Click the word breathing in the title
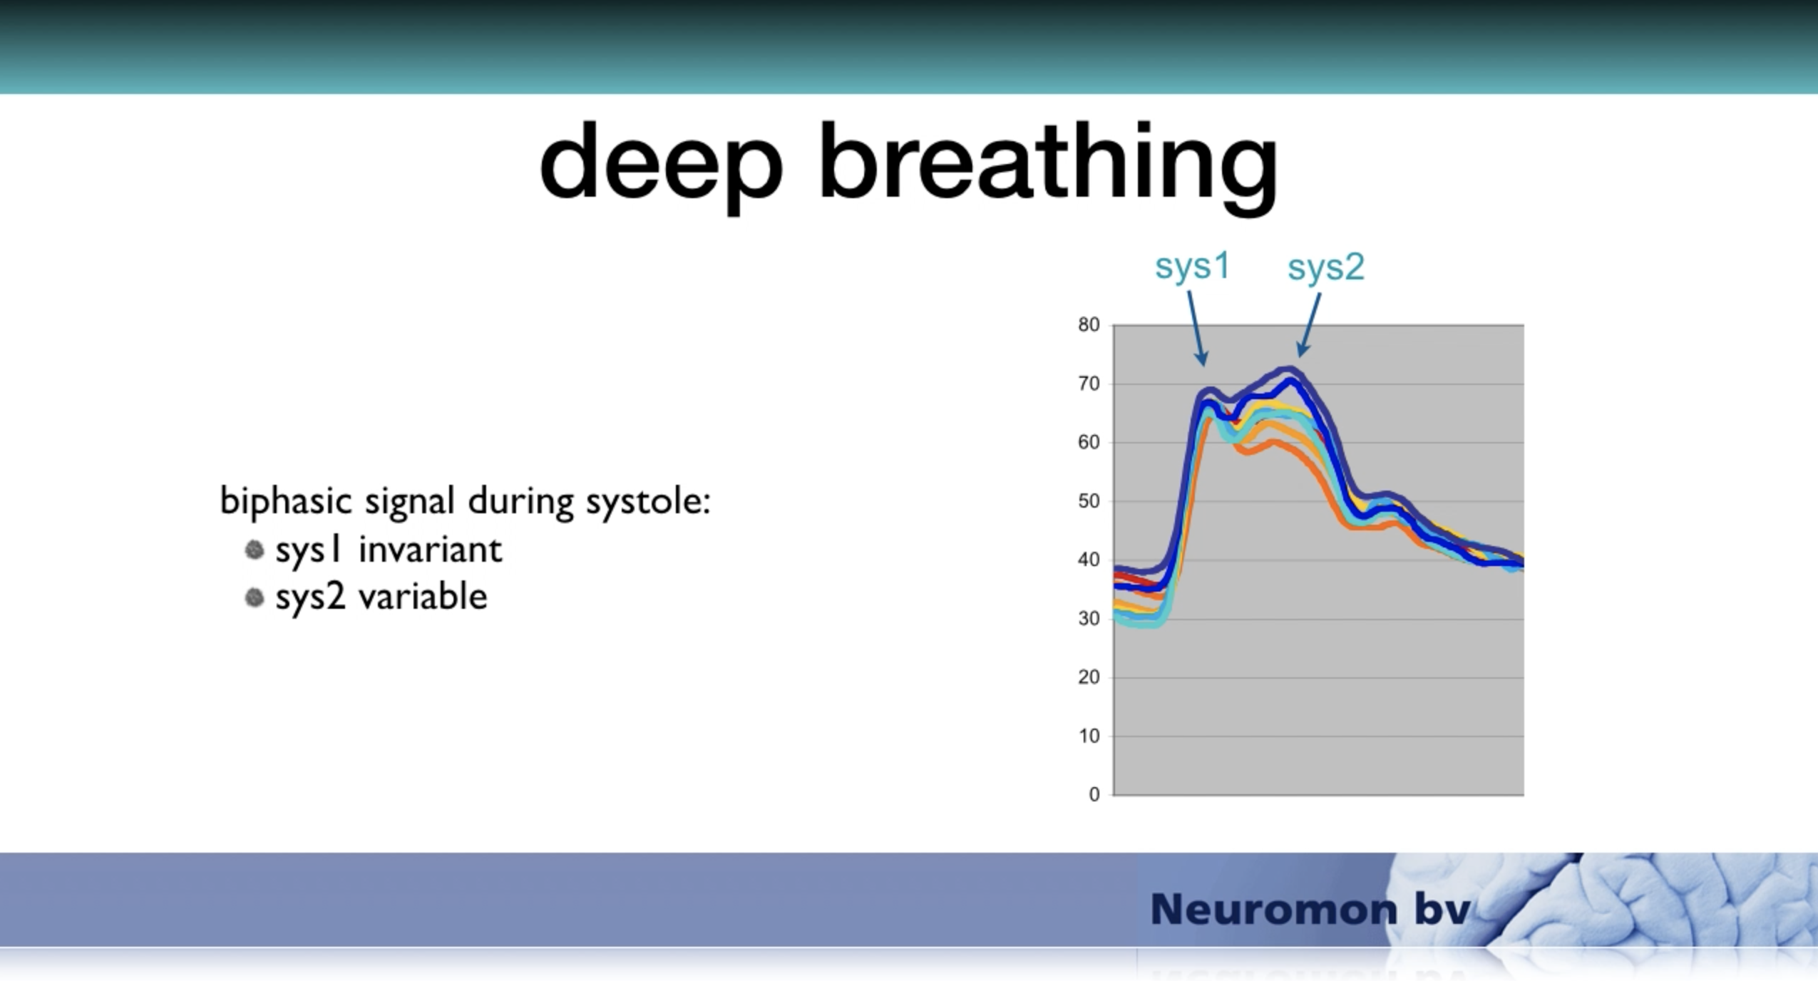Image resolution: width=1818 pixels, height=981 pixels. [1049, 168]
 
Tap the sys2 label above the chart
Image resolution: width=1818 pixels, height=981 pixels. [1326, 268]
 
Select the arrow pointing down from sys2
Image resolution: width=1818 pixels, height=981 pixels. [1309, 325]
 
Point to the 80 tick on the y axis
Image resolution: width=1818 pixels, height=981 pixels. [1089, 325]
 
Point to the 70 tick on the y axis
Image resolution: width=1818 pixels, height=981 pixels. [1089, 384]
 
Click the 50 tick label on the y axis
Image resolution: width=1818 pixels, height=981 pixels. [1089, 502]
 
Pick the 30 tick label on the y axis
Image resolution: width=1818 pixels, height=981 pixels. [1089, 619]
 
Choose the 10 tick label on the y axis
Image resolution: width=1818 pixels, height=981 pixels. [1089, 736]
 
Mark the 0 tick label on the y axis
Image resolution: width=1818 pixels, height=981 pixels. [1094, 795]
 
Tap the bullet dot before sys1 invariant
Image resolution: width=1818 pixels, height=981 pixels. [255, 550]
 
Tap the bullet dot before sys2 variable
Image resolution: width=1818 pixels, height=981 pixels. [255, 597]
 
